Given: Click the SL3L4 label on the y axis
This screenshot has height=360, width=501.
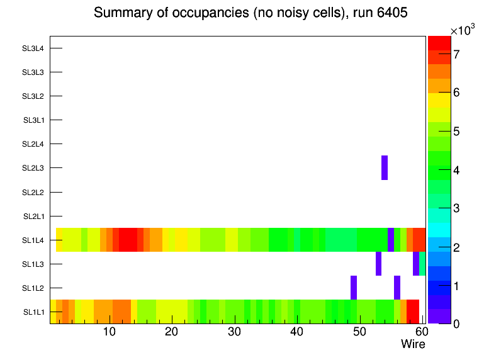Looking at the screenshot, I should click(x=33, y=48).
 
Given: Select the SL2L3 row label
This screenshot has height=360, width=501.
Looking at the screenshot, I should click(x=33, y=168).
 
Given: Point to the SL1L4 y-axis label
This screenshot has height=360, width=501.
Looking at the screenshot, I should click(x=33, y=240).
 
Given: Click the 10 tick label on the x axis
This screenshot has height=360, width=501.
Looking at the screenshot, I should click(x=110, y=332).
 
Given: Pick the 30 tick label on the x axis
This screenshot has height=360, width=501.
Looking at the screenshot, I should click(x=234, y=332).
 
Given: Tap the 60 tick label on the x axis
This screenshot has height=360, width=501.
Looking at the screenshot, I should click(x=421, y=332).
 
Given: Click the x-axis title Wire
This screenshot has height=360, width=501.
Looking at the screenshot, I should click(x=413, y=344).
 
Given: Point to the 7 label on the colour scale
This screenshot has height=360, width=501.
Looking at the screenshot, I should click(x=456, y=54).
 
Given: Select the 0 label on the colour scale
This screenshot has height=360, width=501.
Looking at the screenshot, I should click(x=456, y=323).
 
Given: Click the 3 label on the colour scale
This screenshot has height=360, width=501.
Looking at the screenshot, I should click(x=456, y=208).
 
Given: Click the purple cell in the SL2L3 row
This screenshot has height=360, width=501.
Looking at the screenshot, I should click(x=385, y=167).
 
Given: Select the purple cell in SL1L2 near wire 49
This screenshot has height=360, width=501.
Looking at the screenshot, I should click(x=354, y=288).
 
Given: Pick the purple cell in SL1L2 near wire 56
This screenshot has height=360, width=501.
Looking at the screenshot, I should click(x=397, y=288).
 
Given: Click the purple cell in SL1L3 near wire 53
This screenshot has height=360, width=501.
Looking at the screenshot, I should click(x=378, y=264).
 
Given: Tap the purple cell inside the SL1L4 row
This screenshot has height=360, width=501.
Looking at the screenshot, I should click(x=391, y=240).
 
